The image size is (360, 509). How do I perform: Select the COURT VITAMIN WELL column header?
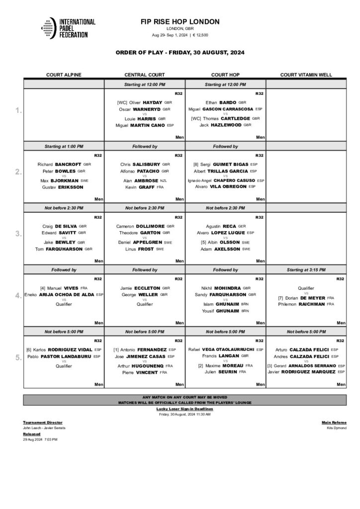(x=306, y=75)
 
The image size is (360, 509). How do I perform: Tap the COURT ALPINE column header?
(x=64, y=75)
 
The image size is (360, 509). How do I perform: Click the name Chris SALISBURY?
(x=141, y=164)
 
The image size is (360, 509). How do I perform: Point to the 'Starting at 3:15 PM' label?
(x=306, y=269)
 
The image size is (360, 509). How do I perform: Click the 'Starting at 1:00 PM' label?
(x=64, y=147)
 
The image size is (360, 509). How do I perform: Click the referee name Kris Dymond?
(x=337, y=428)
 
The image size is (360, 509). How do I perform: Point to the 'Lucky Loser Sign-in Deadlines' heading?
(x=184, y=409)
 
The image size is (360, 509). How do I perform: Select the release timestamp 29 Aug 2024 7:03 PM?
(x=40, y=439)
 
